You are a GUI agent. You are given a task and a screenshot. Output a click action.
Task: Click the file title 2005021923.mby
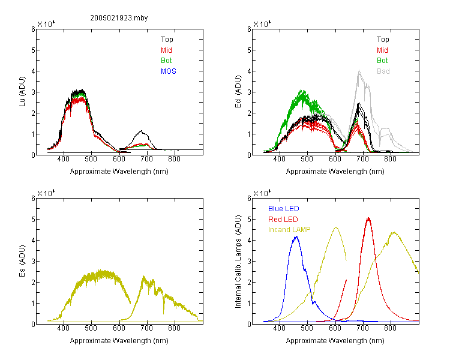pos(119,18)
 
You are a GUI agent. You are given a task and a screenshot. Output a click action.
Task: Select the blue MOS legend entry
pos(169,71)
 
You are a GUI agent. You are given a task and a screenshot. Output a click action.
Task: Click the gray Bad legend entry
pos(383,71)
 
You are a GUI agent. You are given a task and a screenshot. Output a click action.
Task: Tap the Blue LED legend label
pos(284,209)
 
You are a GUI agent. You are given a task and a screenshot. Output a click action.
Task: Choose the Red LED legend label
pos(283,220)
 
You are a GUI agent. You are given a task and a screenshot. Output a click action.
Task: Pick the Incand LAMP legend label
pos(289,230)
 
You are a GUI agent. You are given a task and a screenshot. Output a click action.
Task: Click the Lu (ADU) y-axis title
pos(22,92)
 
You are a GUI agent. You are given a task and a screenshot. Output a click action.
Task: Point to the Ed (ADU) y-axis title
pos(238,92)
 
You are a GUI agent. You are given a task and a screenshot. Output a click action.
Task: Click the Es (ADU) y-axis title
pos(22,261)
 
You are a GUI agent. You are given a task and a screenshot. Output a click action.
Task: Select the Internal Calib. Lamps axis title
pos(238,262)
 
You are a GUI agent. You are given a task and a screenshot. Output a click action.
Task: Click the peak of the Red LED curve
pos(368,218)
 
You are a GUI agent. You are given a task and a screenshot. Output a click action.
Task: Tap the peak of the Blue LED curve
pos(296,236)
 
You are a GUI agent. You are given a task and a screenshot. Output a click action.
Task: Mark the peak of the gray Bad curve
pos(359,71)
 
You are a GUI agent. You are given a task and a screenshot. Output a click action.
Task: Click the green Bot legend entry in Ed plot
pos(382,61)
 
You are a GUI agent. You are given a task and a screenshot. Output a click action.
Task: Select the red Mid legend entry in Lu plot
pos(166,50)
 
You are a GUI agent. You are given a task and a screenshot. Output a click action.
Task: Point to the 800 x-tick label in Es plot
pos(174,328)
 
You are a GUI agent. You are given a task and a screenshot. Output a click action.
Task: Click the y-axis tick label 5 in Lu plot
pos(33,50)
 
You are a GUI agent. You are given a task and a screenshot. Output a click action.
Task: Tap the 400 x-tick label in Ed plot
pos(279,159)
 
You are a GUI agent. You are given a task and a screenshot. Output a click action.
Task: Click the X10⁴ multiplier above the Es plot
pos(46,193)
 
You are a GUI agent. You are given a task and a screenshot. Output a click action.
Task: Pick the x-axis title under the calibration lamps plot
pos(335,340)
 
